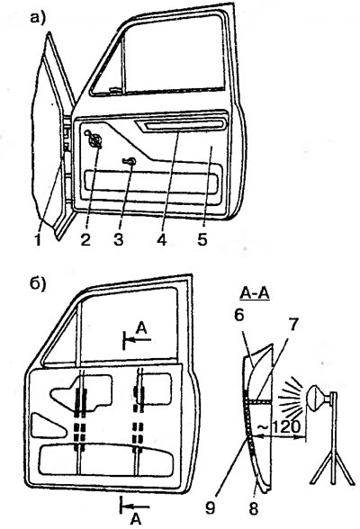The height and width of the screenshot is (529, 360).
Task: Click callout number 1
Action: tap(39, 240)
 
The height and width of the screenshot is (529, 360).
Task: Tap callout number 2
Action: tap(85, 240)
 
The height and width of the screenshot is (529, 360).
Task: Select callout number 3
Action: tap(119, 240)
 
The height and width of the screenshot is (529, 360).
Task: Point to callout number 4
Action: tap(162, 240)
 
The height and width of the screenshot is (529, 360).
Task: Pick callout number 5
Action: tap(202, 240)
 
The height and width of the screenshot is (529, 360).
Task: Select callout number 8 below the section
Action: tap(254, 508)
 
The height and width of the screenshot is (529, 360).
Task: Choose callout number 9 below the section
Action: tap(211, 508)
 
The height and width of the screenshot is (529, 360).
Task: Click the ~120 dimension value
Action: tap(279, 427)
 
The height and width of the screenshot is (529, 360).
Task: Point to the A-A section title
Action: tap(255, 294)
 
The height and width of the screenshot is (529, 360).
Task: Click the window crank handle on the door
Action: tap(94, 139)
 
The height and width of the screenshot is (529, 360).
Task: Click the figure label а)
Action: tap(38, 18)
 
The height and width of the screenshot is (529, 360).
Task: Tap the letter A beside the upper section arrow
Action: tap(142, 329)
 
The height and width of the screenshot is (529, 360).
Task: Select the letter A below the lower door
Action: tap(136, 520)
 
